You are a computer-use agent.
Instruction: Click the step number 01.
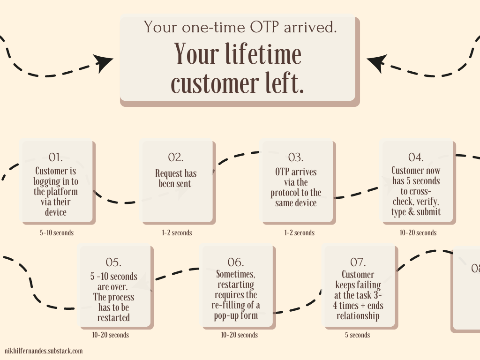56,157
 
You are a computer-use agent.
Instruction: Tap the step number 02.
176,157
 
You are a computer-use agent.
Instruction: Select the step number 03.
296,157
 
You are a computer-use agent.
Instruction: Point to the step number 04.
416,157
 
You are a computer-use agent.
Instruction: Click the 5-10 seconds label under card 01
57,232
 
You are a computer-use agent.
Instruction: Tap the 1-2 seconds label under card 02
176,232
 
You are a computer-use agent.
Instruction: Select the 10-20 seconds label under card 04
418,232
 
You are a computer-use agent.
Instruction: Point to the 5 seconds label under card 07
358,335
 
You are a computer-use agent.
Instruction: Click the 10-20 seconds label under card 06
240,335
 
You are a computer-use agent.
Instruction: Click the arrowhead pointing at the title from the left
104,62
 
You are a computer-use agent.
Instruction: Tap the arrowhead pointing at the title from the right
376,62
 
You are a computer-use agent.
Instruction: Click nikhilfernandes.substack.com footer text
44,351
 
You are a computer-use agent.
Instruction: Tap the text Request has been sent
176,179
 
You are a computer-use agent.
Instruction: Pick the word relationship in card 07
357,315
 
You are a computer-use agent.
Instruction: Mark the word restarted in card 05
113,318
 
